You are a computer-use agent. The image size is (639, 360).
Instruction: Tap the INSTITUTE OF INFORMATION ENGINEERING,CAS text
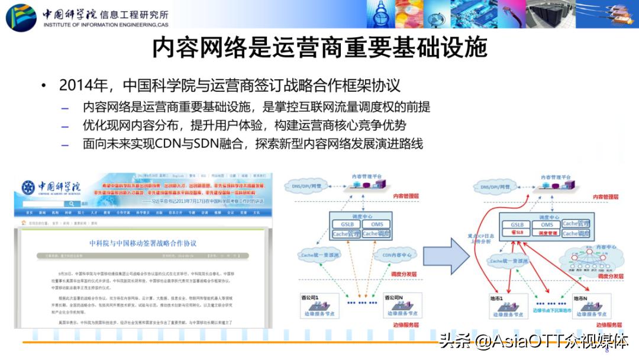click(x=105, y=25)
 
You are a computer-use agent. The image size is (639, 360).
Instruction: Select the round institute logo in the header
click(x=21, y=17)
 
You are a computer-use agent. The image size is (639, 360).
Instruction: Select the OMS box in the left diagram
click(x=376, y=224)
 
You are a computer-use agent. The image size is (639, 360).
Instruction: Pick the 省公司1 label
click(x=311, y=296)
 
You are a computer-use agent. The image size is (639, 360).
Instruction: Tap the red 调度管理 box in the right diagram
click(x=547, y=234)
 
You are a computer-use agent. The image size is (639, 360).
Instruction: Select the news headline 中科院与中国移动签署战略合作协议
click(x=143, y=243)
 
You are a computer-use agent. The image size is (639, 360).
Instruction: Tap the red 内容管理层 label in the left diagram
click(x=406, y=196)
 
